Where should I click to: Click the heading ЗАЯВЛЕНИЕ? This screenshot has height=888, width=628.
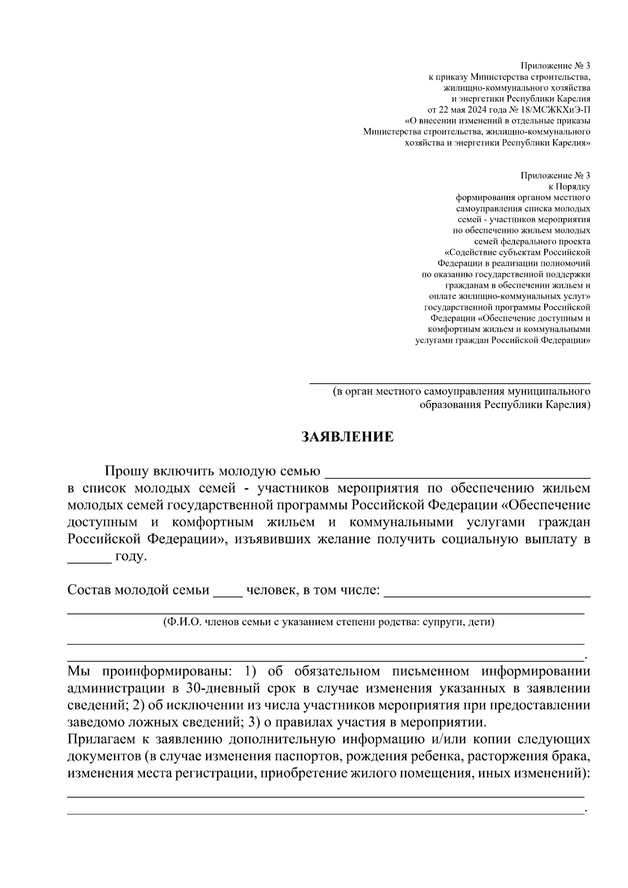pyautogui.click(x=347, y=437)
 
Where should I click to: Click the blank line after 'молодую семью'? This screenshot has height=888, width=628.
pyautogui.click(x=457, y=474)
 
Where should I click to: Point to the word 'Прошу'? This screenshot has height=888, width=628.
pyautogui.click(x=127, y=471)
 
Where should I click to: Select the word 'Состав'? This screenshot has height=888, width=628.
pyautogui.click(x=89, y=590)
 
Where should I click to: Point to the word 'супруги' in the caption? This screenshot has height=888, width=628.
pyautogui.click(x=441, y=623)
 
